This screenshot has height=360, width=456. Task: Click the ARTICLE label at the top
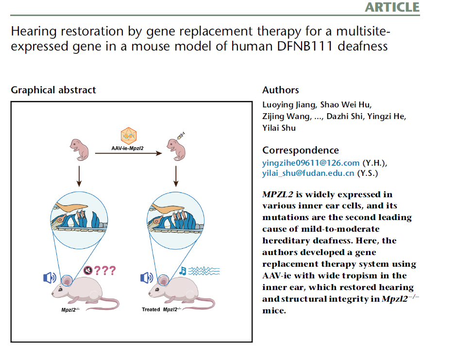pyautogui.click(x=392, y=7)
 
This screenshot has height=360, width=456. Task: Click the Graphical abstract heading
pyautogui.click(x=53, y=90)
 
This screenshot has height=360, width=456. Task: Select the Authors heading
pyautogui.click(x=281, y=90)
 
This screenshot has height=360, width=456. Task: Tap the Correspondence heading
pyautogui.click(x=301, y=150)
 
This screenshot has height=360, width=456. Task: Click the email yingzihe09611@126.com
pyautogui.click(x=311, y=163)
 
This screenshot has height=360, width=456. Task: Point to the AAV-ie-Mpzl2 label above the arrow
pyautogui.click(x=127, y=147)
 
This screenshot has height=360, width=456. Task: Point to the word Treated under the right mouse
pyautogui.click(x=151, y=309)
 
